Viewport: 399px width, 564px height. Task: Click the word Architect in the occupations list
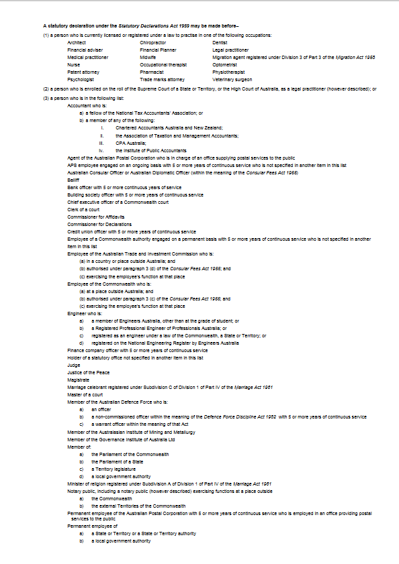(77, 42)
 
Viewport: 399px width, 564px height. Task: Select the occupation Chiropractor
(152, 42)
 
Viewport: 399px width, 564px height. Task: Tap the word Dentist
(220, 42)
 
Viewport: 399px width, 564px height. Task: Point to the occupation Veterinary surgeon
(229, 79)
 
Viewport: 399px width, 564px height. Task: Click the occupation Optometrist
(224, 64)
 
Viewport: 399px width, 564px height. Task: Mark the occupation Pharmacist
(152, 72)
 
